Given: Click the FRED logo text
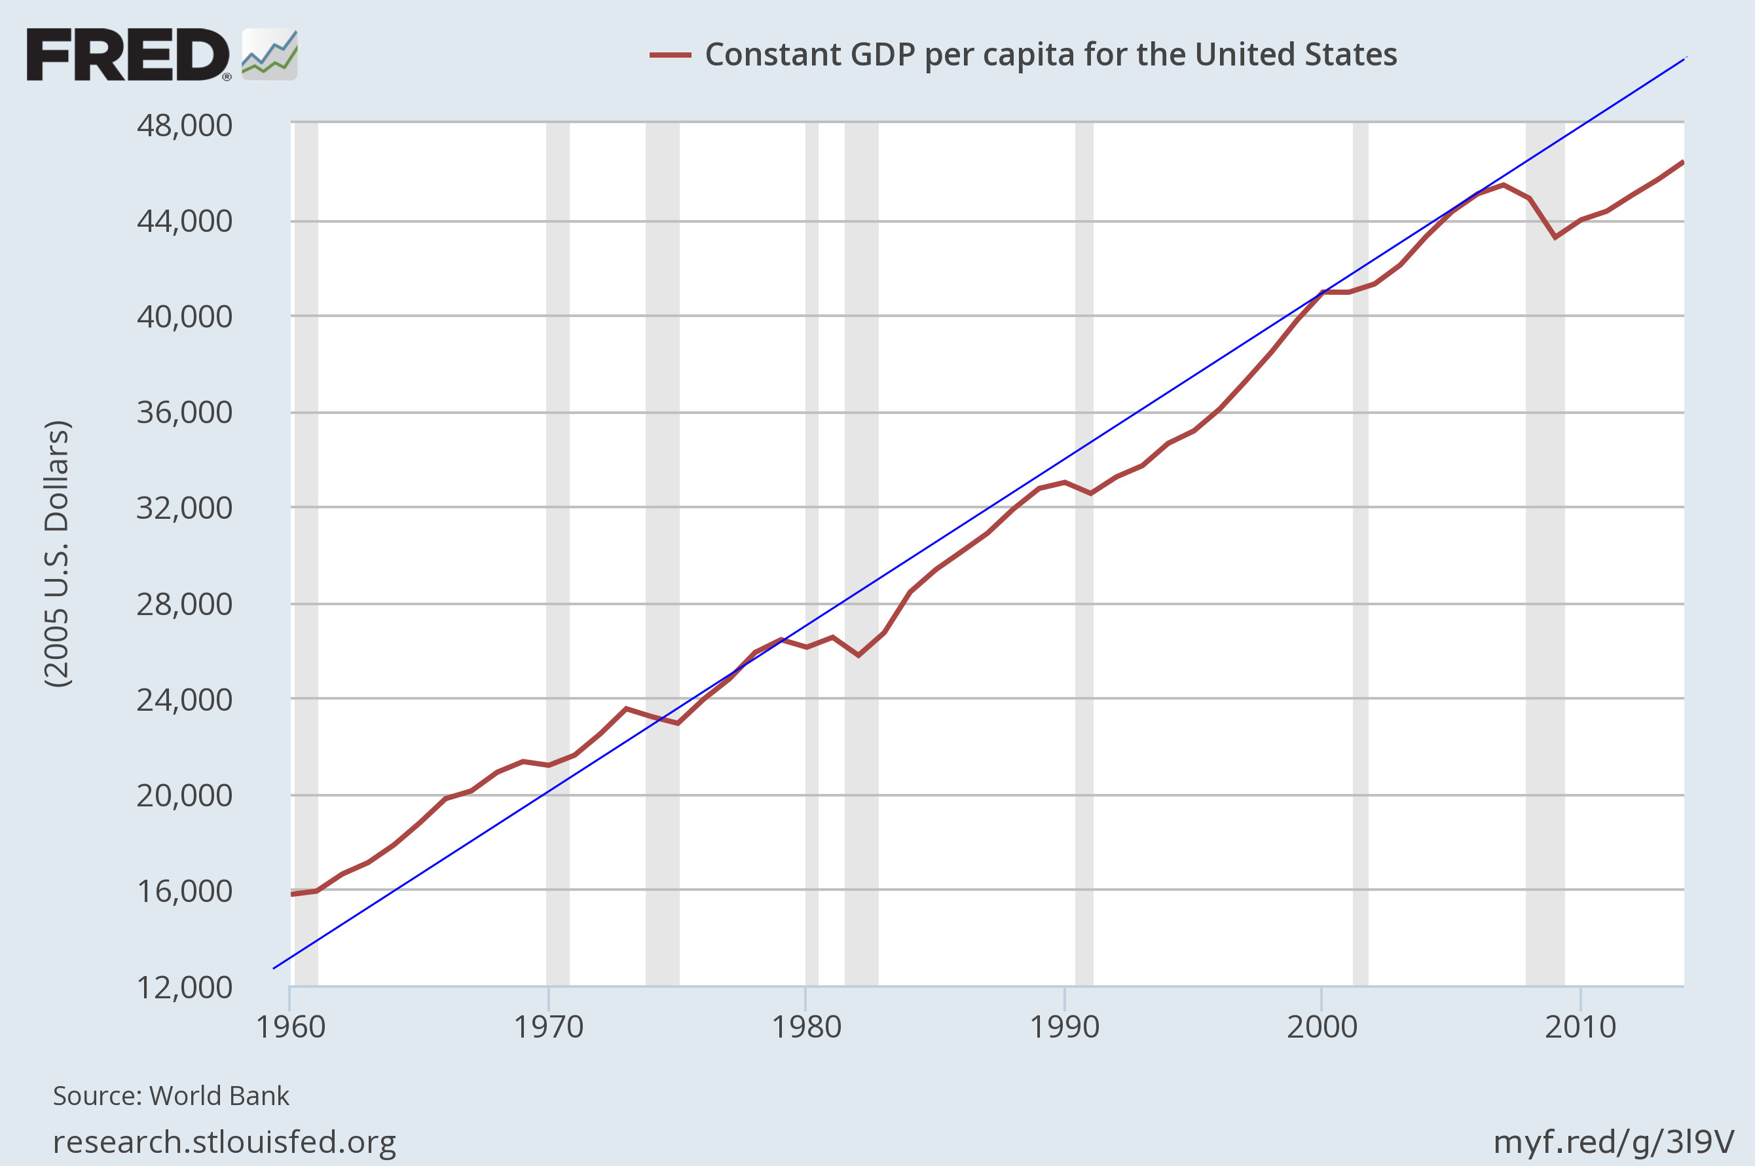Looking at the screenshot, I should tap(128, 55).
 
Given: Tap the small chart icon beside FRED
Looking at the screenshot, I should tap(270, 55).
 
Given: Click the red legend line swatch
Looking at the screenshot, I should tap(670, 55).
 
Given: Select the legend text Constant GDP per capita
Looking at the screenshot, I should tap(1050, 55).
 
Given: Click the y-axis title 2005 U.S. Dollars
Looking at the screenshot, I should tap(57, 554).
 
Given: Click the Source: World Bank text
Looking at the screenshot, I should tap(171, 1096).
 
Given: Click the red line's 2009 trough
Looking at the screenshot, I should tap(1555, 237).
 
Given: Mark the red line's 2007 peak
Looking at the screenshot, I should tap(1503, 185).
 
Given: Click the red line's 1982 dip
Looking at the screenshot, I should tap(859, 655).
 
